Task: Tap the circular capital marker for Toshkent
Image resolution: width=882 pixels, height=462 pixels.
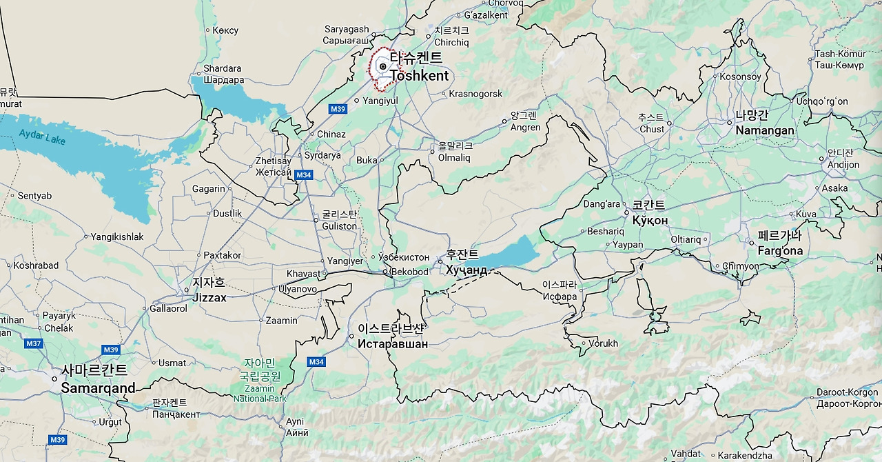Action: pyautogui.click(x=382, y=67)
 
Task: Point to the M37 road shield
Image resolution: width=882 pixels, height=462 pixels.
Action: pyautogui.click(x=33, y=343)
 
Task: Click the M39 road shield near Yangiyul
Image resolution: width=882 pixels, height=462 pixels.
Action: pyautogui.click(x=338, y=109)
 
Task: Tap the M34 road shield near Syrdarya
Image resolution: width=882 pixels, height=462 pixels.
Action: pyautogui.click(x=304, y=175)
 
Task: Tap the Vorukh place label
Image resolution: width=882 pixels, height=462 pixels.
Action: pyautogui.click(x=603, y=343)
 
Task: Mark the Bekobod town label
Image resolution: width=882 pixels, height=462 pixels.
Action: pyautogui.click(x=409, y=272)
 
